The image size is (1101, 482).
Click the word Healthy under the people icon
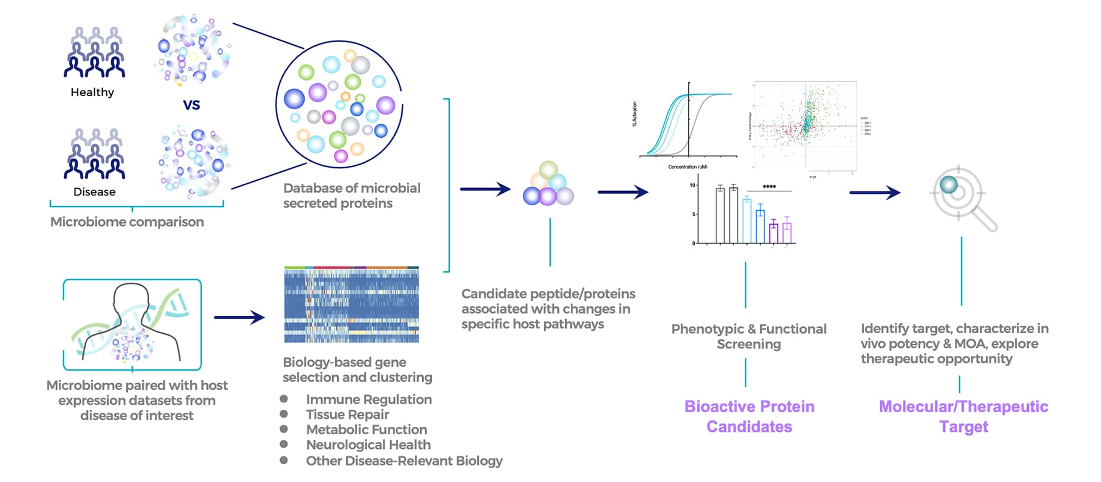coord(92,92)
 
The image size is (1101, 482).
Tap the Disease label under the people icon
coord(94,192)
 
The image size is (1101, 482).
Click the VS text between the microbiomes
coord(191,105)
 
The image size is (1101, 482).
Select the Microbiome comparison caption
coord(127,222)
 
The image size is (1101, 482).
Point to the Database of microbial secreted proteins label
coord(351,195)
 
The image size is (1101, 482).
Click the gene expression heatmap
coord(352,305)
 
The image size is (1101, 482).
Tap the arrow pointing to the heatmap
coord(239,317)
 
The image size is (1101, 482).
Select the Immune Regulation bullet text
coord(369,399)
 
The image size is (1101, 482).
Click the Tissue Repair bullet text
coord(347,415)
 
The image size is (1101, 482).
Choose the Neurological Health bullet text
coord(368,445)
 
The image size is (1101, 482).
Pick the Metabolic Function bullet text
coord(366,429)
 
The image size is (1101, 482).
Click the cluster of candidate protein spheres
coord(549,184)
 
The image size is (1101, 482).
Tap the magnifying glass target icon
coord(962,196)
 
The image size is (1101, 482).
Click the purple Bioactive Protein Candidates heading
coord(749,416)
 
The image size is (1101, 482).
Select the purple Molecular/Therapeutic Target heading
coord(963,416)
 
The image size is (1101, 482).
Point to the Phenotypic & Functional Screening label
coord(749,336)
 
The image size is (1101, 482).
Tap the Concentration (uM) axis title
coord(688,167)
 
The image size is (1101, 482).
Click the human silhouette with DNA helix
coord(132,325)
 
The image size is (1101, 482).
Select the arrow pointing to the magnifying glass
coord(875,193)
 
